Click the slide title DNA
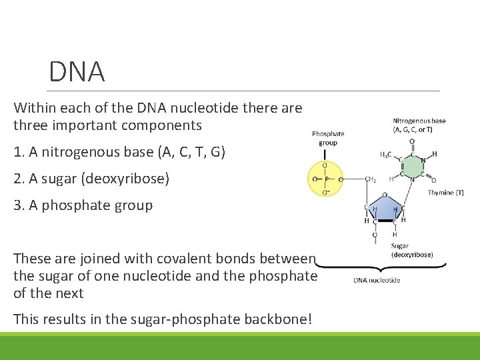(77, 72)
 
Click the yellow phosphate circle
(325, 179)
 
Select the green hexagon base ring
(411, 167)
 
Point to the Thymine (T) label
(445, 193)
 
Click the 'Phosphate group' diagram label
(328, 138)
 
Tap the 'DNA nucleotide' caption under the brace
(377, 280)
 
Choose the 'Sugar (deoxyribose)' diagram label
(411, 250)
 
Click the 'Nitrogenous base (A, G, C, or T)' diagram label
(419, 125)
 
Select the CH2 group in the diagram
(371, 179)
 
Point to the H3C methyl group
(385, 155)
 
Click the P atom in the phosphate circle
(325, 179)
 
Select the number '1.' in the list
(19, 153)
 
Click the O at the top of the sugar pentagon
(385, 196)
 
